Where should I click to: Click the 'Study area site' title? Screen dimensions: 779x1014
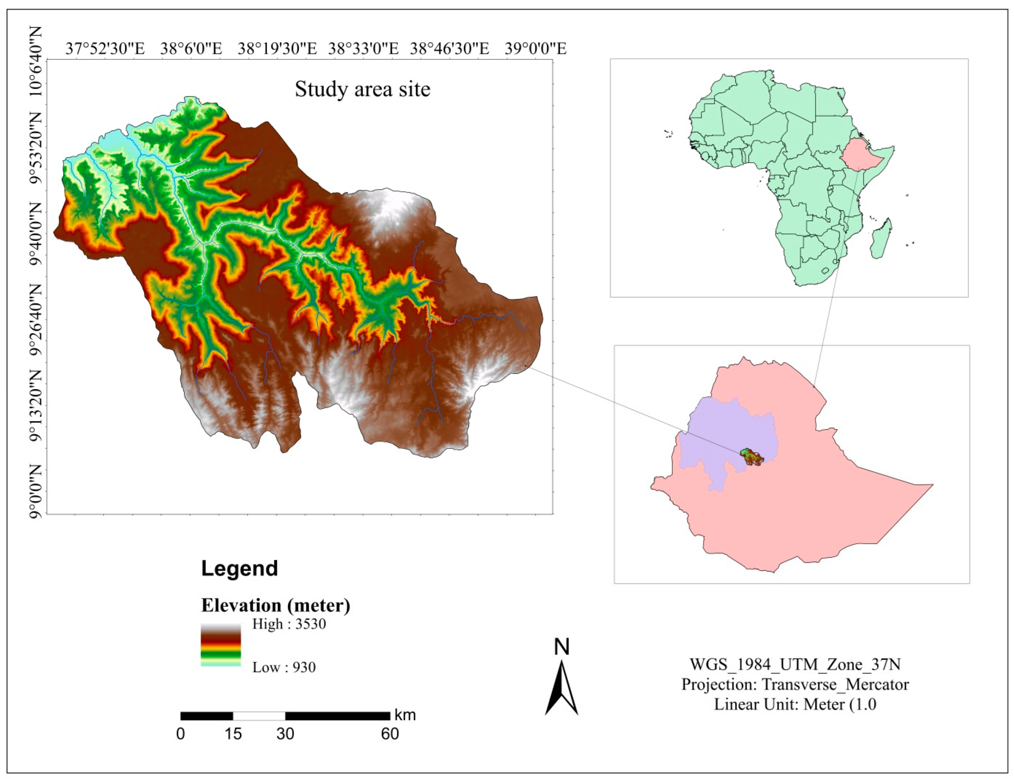click(x=362, y=89)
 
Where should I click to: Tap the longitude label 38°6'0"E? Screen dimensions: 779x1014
click(x=191, y=48)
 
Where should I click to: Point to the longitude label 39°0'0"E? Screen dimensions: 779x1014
click(x=535, y=48)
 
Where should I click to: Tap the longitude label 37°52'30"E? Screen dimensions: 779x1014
click(x=105, y=48)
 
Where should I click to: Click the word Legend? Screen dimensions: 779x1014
click(x=239, y=568)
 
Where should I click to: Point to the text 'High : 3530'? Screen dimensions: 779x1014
click(x=289, y=624)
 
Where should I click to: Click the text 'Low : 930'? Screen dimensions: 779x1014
click(x=284, y=668)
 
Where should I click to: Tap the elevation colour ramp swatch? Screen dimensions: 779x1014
click(x=221, y=645)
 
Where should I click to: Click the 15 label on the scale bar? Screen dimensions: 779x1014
click(x=233, y=734)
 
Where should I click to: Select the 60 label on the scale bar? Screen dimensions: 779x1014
click(x=390, y=734)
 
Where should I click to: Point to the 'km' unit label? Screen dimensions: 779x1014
click(x=405, y=715)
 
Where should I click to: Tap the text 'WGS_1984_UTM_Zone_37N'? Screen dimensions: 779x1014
click(x=795, y=664)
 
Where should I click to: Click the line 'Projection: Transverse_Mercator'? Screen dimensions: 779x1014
click(x=795, y=685)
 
